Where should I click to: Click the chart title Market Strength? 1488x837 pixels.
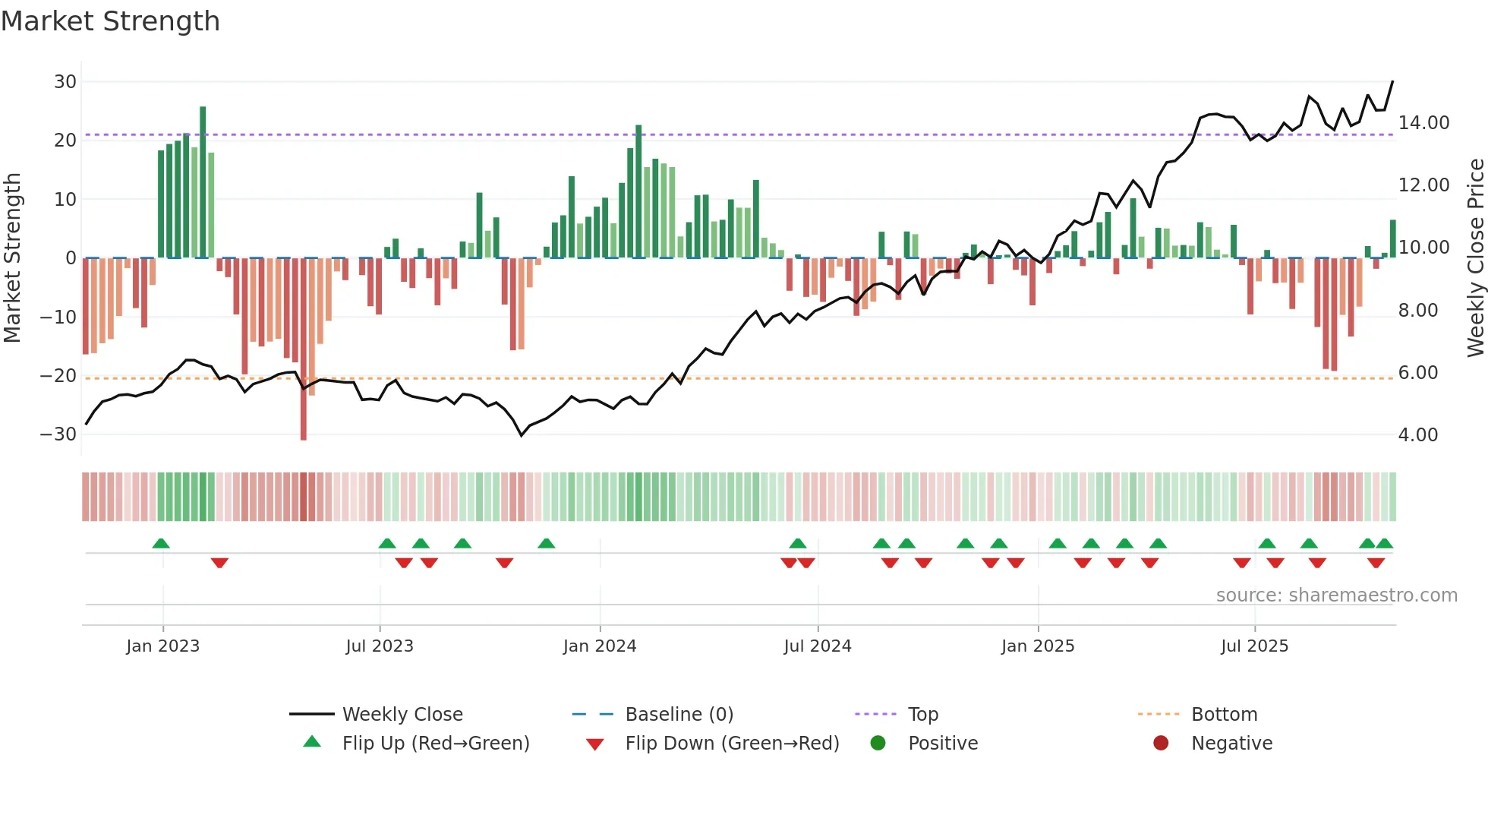click(110, 21)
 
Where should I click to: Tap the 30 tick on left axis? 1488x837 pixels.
click(65, 82)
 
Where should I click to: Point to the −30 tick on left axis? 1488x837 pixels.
click(58, 434)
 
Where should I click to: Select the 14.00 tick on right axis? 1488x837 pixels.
click(1423, 123)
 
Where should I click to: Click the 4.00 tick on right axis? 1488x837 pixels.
click(1417, 435)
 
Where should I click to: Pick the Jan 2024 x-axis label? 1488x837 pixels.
click(600, 646)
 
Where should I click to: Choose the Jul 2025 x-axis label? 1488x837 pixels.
click(1254, 646)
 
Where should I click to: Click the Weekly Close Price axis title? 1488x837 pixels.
click(1475, 258)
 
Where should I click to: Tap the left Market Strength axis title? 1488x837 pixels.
click(12, 258)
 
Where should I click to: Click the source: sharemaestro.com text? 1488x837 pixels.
click(1336, 595)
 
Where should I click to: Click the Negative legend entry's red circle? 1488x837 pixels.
click(1161, 744)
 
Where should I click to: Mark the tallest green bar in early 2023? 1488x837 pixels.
click(203, 182)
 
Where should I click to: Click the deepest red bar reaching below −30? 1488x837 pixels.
click(304, 349)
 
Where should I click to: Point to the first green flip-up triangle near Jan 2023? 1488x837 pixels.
click(161, 544)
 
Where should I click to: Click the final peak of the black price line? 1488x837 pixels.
click(1392, 82)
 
